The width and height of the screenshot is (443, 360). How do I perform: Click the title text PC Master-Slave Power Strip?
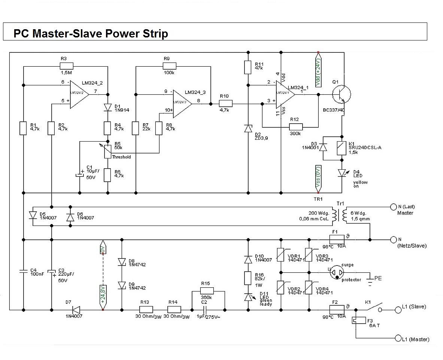point(91,34)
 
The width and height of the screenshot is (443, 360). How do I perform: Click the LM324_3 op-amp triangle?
point(182,101)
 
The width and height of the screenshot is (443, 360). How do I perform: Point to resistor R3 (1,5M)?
point(66,66)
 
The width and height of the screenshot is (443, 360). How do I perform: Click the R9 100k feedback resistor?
point(169,66)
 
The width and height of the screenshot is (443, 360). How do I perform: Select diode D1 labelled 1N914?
point(108,108)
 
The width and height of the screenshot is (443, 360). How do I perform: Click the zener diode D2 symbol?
point(248,128)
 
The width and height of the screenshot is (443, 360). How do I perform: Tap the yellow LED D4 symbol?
point(342,173)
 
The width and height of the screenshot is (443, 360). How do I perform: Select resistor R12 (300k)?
point(296,126)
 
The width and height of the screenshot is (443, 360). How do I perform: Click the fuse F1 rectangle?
point(337,239)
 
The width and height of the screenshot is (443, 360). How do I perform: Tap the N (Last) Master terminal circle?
point(393,207)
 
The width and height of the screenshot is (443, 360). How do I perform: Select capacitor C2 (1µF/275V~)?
point(204,310)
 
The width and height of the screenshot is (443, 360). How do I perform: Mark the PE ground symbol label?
point(378,279)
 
